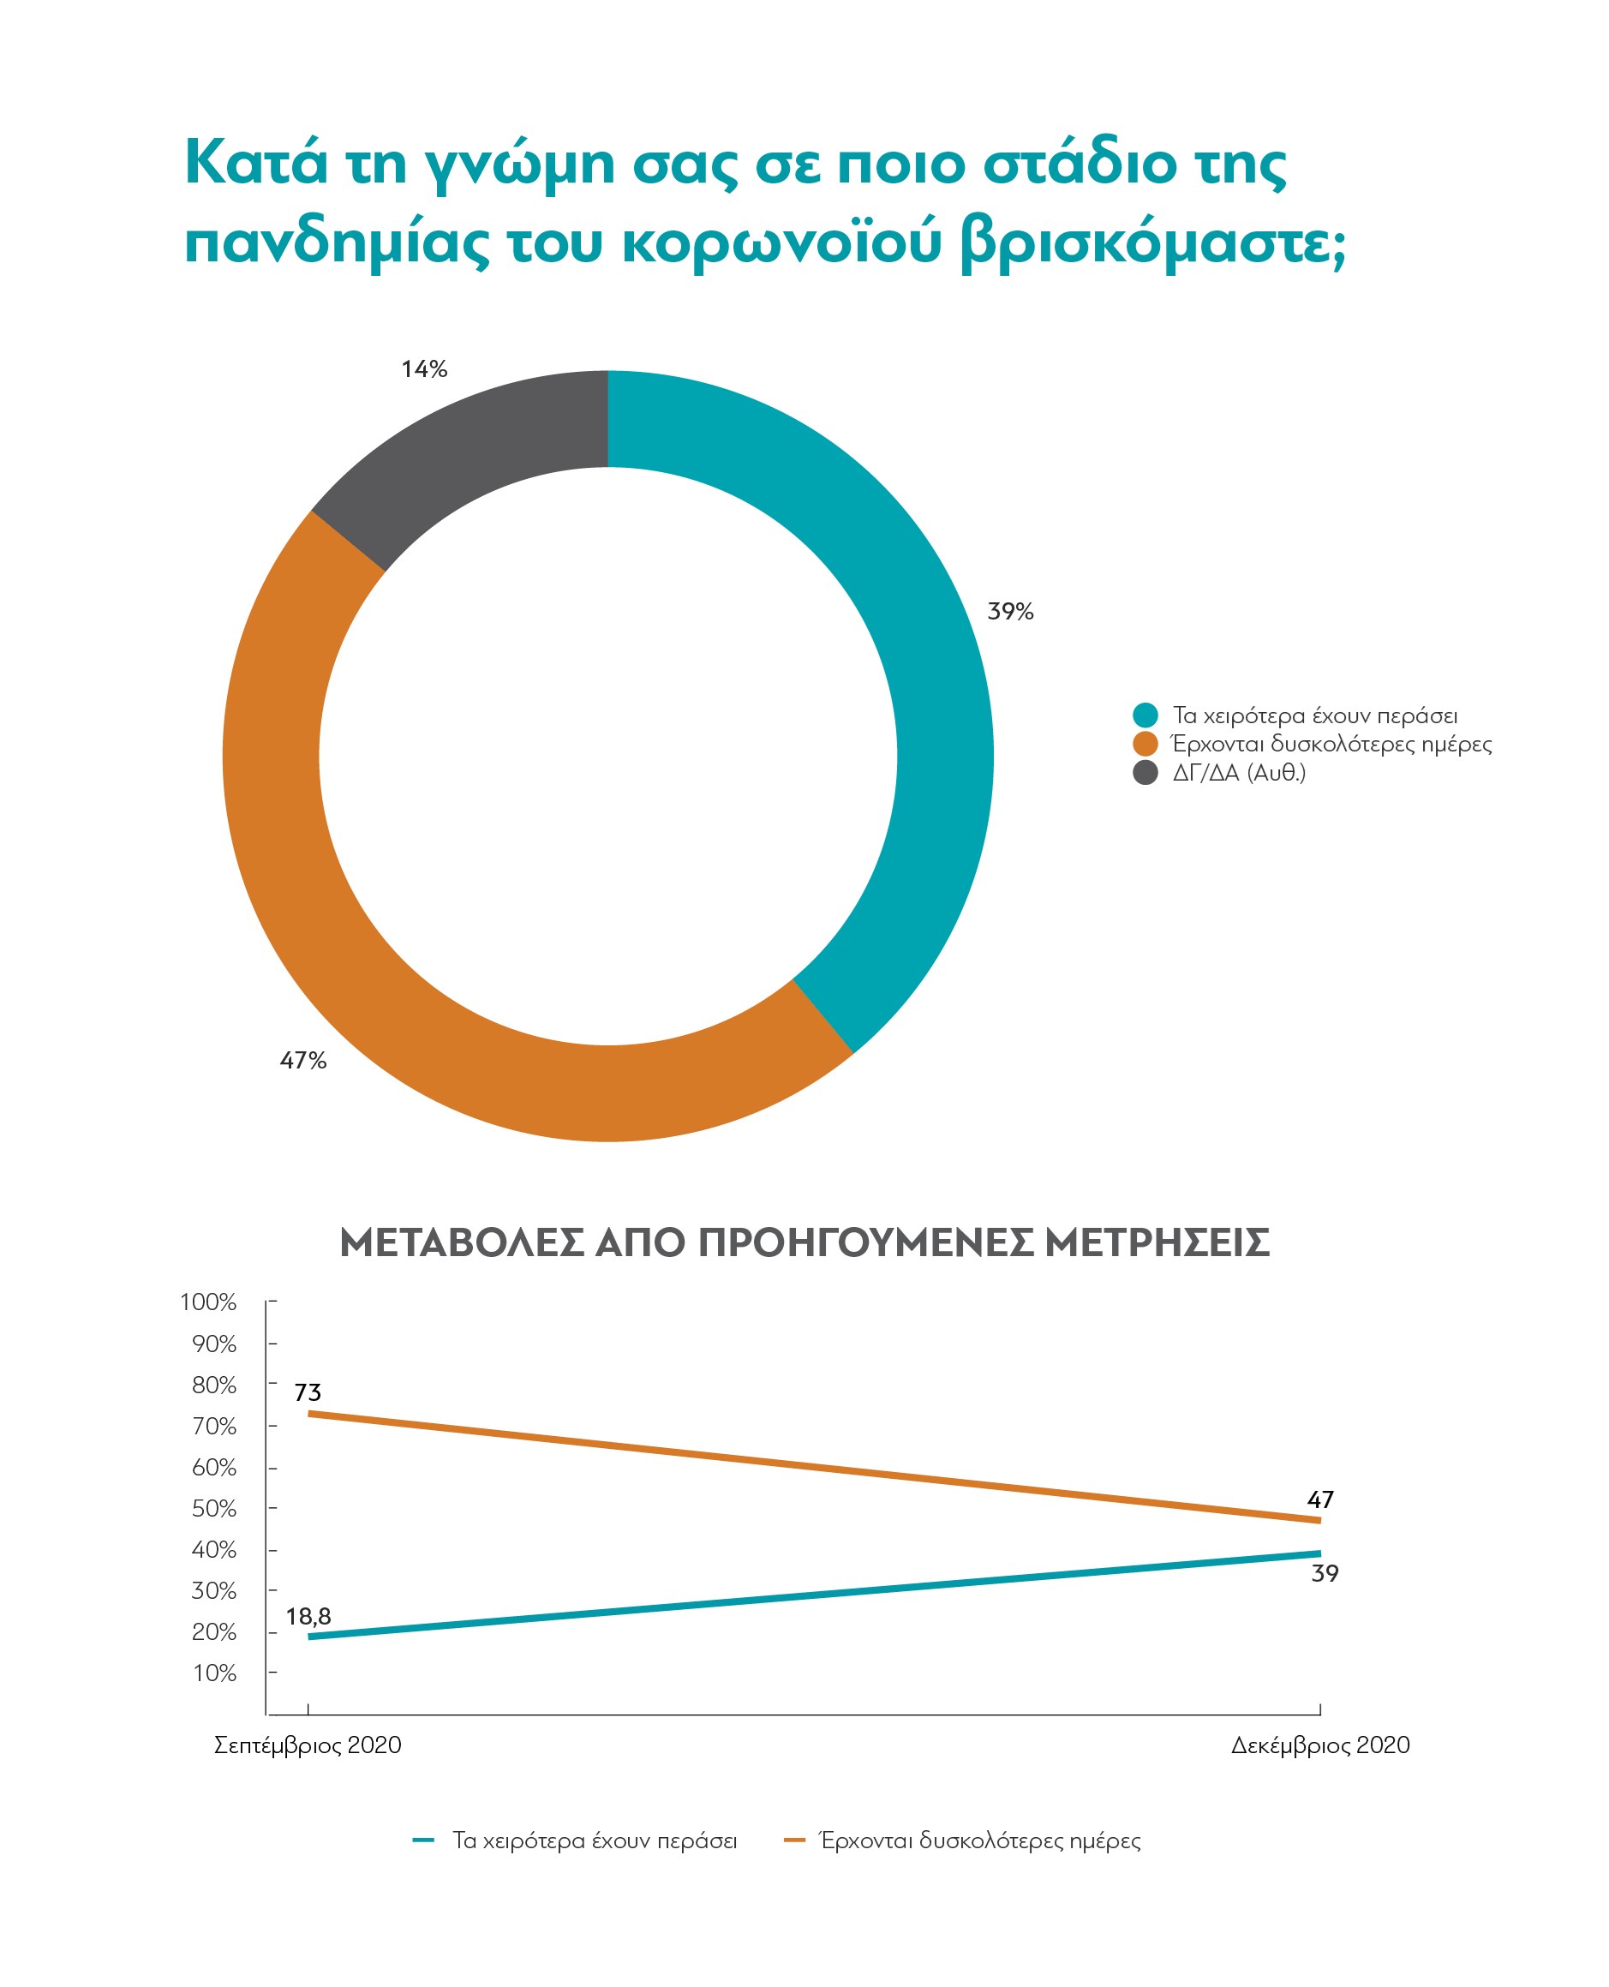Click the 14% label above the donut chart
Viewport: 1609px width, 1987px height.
[x=424, y=370]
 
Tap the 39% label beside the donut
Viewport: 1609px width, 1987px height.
[x=1010, y=612]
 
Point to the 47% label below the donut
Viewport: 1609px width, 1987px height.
[x=303, y=1060]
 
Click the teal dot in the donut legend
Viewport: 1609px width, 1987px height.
[x=1145, y=715]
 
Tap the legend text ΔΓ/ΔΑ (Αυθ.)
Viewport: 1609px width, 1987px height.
[x=1239, y=773]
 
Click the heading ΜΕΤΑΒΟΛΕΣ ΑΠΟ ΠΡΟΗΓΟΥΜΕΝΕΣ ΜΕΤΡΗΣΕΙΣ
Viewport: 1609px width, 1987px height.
[x=804, y=1242]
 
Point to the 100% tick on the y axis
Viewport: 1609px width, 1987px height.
[x=208, y=1302]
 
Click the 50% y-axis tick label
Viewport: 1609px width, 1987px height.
[x=214, y=1509]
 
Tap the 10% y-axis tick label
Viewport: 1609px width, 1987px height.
[x=214, y=1673]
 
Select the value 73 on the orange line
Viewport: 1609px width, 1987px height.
[x=308, y=1392]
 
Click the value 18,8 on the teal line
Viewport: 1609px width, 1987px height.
[x=308, y=1617]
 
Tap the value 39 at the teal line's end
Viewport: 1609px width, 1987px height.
[x=1325, y=1574]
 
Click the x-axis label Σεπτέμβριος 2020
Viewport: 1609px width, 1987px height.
[x=308, y=1746]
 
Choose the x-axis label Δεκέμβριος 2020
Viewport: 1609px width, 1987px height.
[x=1319, y=1746]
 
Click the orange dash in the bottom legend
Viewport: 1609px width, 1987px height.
[x=794, y=1840]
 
